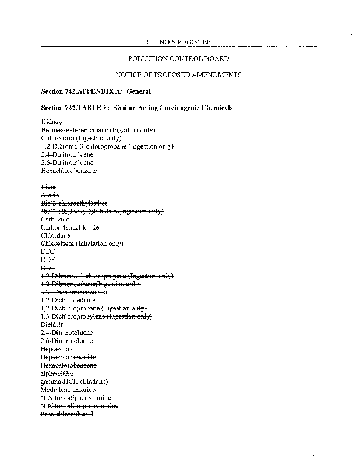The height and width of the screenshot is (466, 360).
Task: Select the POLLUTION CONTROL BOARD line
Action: (178, 59)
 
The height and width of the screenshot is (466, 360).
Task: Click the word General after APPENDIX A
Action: (139, 91)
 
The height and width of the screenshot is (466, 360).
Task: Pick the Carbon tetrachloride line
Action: (70, 227)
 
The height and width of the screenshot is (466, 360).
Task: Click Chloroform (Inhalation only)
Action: (82, 243)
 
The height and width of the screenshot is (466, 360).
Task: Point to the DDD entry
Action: (48, 251)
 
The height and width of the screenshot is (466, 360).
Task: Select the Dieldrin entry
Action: (52, 324)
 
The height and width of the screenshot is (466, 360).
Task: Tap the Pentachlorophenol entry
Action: (66, 414)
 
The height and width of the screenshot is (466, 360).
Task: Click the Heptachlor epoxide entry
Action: (68, 356)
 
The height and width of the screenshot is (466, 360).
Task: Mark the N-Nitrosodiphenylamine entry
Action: (76, 397)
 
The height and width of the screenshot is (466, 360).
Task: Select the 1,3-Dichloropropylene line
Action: (96, 316)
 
